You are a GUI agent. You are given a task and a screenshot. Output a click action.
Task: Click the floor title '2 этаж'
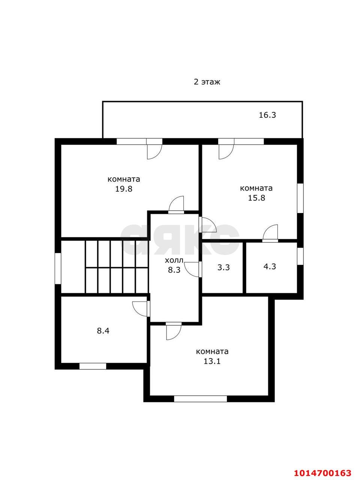(x=207, y=82)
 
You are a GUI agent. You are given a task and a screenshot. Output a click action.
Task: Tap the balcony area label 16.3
(x=267, y=115)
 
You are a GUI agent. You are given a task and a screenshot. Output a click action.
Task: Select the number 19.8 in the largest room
(x=124, y=189)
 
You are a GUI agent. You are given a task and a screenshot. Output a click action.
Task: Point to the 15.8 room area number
(x=256, y=198)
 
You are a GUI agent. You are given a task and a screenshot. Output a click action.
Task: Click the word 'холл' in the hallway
(x=174, y=261)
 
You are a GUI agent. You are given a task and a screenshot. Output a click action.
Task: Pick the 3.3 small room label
(x=223, y=267)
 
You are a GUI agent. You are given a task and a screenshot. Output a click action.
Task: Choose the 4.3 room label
(x=270, y=266)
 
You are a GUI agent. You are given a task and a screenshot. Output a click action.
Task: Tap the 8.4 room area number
(x=103, y=331)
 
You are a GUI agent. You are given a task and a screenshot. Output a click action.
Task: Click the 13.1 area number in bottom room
(x=212, y=361)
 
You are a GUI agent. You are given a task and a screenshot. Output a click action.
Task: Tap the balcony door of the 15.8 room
(x=226, y=149)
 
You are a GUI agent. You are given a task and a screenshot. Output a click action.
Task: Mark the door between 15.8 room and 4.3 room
(x=270, y=234)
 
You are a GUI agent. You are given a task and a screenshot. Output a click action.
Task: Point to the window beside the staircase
(x=58, y=268)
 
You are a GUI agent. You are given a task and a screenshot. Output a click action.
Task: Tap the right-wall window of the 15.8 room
(x=300, y=198)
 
